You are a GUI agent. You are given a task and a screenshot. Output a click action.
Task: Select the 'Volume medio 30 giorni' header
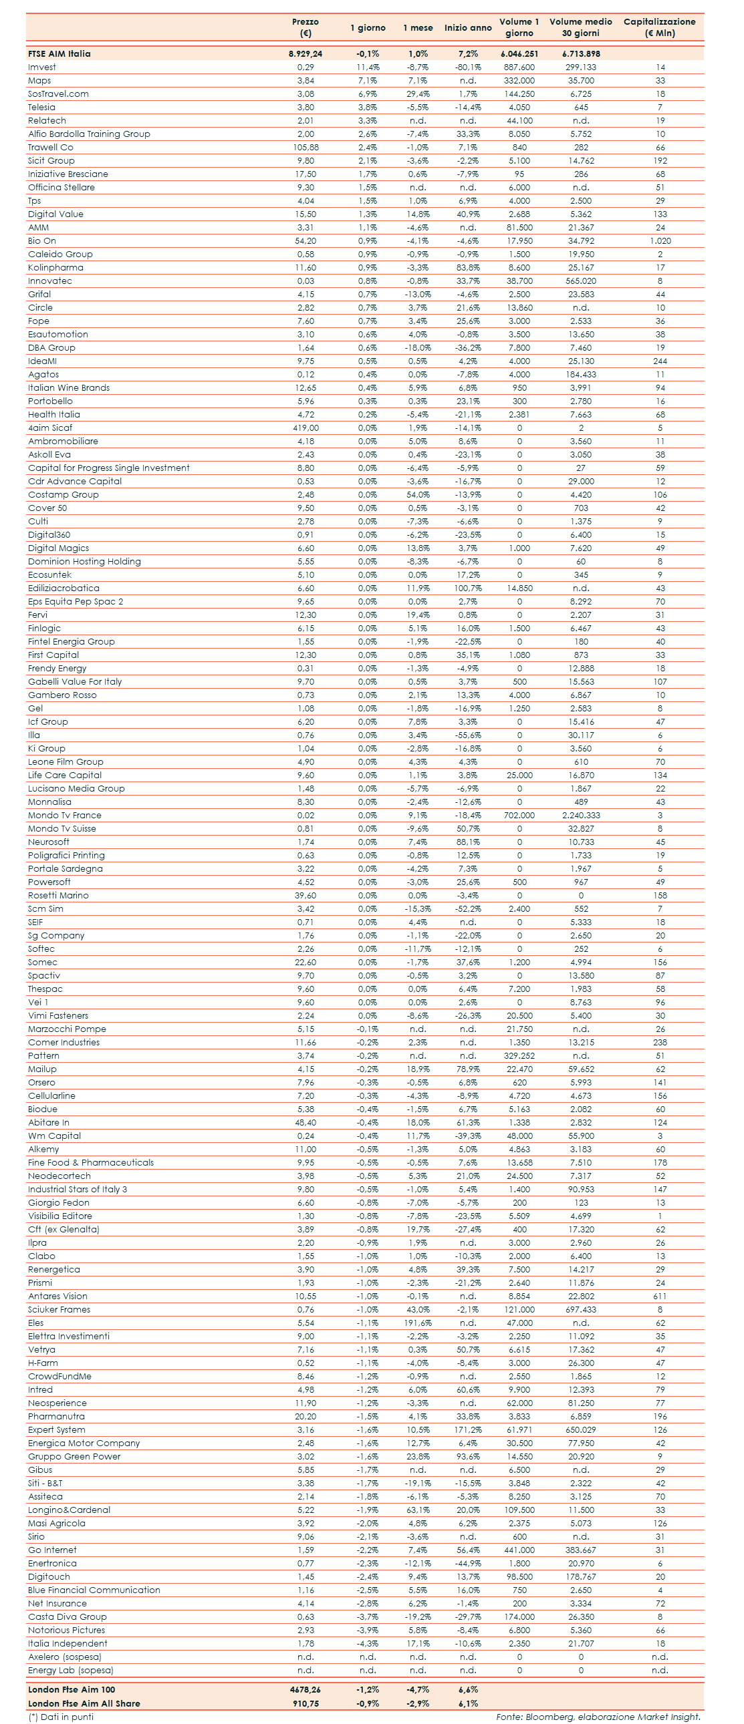[581, 27]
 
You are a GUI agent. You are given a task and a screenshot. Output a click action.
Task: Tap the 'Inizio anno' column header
[467, 27]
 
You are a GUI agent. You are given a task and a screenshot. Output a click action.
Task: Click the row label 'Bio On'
[42, 241]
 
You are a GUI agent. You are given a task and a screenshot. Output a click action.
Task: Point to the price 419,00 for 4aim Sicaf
[305, 427]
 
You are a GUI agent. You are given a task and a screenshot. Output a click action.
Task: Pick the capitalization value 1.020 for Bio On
[660, 241]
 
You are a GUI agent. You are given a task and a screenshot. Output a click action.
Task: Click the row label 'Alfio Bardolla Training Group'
[89, 134]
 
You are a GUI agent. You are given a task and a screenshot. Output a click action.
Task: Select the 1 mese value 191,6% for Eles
[418, 1323]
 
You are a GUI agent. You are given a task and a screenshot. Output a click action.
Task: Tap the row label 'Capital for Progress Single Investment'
[108, 468]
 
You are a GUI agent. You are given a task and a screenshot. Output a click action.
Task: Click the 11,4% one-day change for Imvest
[368, 67]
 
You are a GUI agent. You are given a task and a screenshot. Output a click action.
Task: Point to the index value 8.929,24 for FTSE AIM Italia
[305, 53]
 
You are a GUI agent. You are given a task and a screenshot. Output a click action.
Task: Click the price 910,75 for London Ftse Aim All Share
[305, 1703]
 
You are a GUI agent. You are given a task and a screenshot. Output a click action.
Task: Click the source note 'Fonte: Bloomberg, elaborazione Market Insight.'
[598, 1717]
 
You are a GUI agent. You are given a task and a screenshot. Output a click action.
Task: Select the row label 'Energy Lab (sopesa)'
[71, 1670]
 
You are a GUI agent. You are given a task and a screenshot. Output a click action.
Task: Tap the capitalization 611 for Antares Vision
[660, 1296]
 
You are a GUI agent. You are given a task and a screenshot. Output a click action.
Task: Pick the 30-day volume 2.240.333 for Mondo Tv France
[581, 815]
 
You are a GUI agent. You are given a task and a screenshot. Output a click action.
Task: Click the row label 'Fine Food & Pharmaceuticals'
[91, 1162]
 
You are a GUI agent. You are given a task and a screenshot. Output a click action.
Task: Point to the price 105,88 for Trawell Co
[305, 147]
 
